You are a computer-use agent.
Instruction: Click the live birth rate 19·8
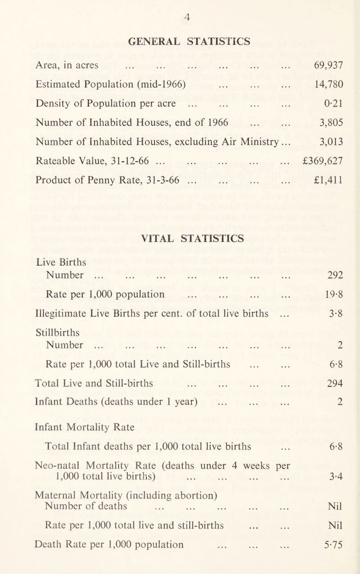(334, 295)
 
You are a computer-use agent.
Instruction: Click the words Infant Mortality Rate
(85, 428)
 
